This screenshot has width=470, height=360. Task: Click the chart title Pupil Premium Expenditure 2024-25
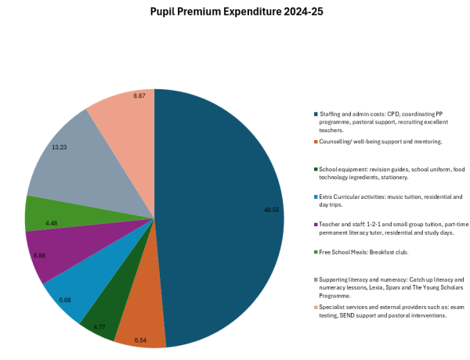(x=234, y=13)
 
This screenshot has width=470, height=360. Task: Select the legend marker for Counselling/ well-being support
(x=315, y=142)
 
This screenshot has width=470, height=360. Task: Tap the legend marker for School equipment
(x=315, y=168)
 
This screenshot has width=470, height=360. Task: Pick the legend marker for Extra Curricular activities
(x=315, y=196)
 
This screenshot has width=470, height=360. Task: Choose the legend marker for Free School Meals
(x=315, y=251)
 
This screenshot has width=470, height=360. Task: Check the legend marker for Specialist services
(x=315, y=307)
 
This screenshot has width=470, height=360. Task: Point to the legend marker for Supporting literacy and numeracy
(x=315, y=279)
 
